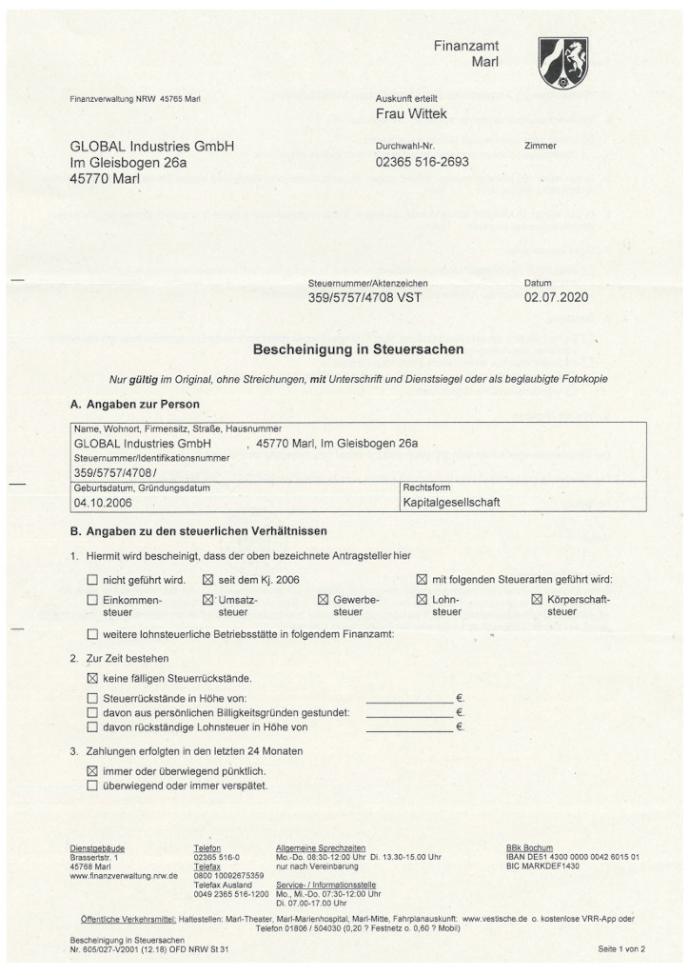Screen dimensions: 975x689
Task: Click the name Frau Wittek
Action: tap(412, 115)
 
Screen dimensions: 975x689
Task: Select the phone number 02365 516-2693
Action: tap(423, 162)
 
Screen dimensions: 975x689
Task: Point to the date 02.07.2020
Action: tap(556, 298)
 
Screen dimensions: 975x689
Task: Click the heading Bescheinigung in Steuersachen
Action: tap(344, 350)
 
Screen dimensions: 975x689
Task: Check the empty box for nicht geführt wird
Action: tap(92, 579)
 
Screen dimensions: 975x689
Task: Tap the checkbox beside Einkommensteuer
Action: tap(92, 600)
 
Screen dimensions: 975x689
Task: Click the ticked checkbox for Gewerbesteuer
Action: tap(323, 600)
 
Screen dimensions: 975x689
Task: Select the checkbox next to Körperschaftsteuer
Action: tap(537, 600)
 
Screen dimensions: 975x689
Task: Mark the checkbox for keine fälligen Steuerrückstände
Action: tap(92, 678)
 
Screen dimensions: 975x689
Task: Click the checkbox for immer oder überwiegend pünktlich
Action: tap(92, 769)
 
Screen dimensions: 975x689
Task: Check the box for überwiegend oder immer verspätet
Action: tap(92, 786)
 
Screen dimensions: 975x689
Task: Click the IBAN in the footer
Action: tap(573, 857)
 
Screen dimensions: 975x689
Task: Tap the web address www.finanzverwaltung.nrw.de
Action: tap(125, 875)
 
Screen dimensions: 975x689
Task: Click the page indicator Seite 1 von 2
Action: tap(621, 949)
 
